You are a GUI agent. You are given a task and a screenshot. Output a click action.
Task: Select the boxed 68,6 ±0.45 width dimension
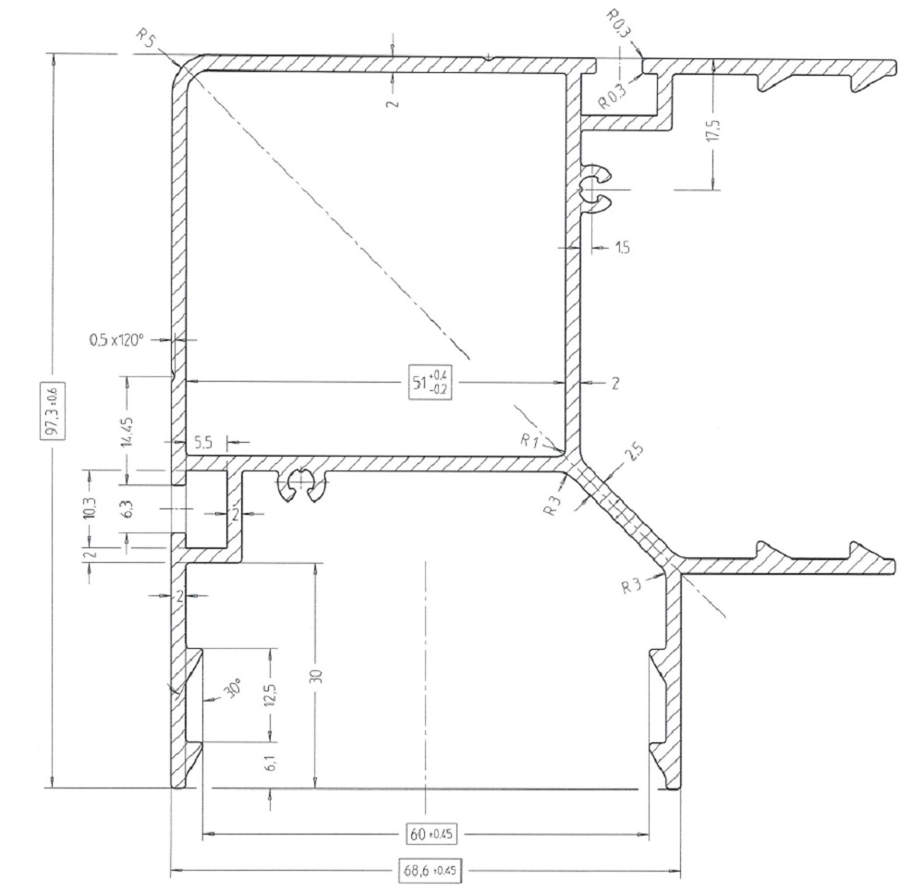pos(429,870)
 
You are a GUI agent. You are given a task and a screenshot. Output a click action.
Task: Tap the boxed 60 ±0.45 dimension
pos(432,834)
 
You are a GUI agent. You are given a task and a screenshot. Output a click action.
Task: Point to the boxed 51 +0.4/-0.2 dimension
pos(431,383)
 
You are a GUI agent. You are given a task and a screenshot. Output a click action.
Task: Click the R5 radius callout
pos(146,38)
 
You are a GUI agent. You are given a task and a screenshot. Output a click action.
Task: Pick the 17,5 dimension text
pos(713,130)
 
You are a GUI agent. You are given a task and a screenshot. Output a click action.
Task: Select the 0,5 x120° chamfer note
pos(116,340)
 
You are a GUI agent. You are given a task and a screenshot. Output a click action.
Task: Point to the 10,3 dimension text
pos(91,507)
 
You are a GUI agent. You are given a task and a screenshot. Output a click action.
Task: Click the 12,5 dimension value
pos(272,695)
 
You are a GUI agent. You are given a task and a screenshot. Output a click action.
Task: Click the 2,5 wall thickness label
pos(634,452)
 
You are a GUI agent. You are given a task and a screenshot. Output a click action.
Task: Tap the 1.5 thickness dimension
pos(622,248)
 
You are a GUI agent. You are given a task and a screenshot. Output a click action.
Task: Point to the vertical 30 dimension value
pos(315,675)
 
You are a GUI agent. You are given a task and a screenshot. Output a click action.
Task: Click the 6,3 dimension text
pos(128,508)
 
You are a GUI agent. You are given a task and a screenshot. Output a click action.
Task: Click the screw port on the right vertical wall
pos(595,189)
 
